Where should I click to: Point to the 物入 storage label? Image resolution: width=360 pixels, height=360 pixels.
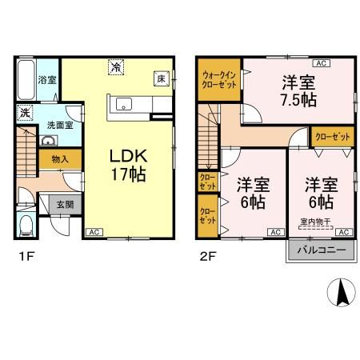[59, 159]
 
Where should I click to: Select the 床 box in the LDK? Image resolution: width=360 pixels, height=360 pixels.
[160, 78]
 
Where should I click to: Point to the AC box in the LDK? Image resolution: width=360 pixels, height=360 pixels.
[93, 232]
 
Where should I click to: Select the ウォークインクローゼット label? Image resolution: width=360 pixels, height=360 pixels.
[218, 79]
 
